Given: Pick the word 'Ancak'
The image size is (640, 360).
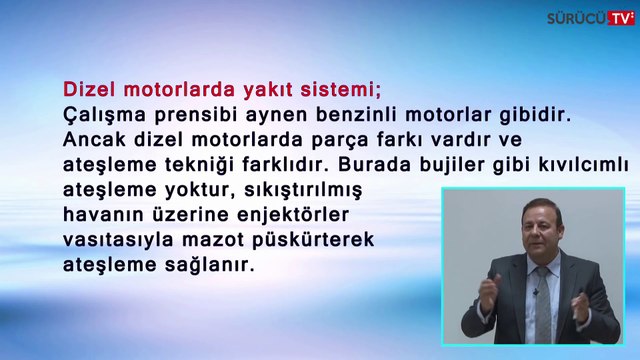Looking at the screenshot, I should point(93,140).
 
